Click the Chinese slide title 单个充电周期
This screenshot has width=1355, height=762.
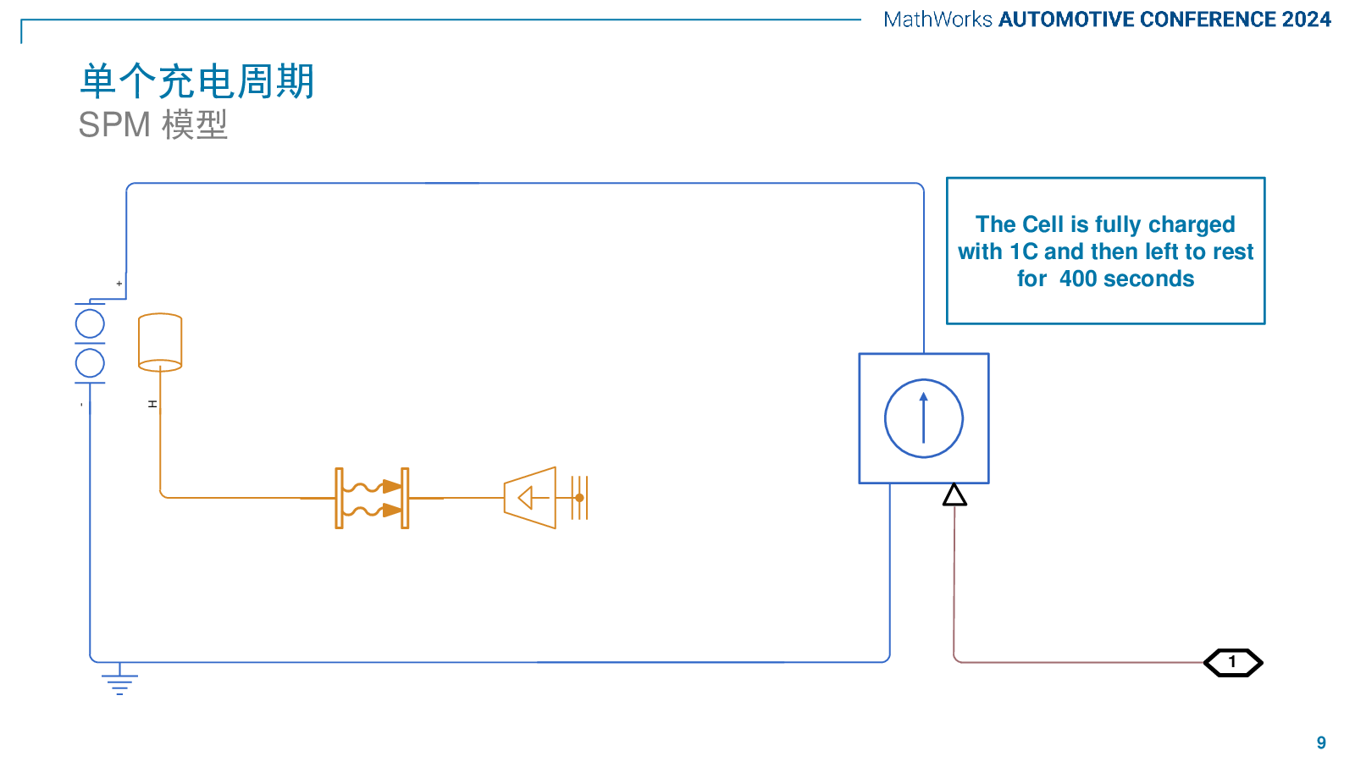(197, 81)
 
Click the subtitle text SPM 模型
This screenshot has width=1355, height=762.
(153, 125)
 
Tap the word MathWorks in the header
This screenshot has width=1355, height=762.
(937, 19)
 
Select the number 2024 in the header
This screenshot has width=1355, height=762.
(1307, 19)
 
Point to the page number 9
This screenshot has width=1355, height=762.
(1321, 743)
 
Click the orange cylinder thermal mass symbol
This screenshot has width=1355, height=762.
(160, 342)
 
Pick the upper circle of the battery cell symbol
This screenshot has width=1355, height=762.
(90, 324)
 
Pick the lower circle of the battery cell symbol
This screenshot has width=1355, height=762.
(90, 363)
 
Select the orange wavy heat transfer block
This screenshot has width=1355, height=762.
(372, 499)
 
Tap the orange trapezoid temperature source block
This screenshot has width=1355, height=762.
(530, 498)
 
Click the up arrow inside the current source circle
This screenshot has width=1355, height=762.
(924, 418)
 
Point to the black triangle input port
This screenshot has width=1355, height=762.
(954, 494)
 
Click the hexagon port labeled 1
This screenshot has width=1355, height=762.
(1233, 663)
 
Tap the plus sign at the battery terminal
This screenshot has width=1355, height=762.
(119, 283)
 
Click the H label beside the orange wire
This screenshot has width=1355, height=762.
(152, 404)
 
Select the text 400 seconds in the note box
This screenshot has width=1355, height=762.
(1127, 279)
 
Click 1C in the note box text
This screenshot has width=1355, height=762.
(1024, 251)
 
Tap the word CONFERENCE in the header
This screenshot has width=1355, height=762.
(1208, 19)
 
